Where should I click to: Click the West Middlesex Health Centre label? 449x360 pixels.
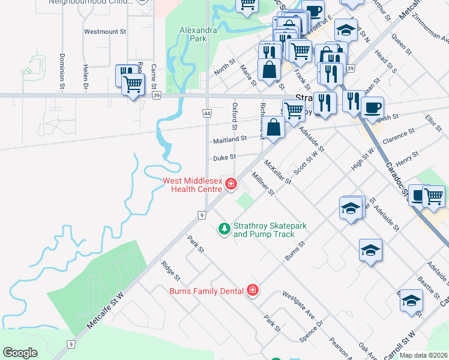pyautogui.click(x=191, y=185)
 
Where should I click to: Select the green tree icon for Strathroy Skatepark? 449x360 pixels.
pyautogui.click(x=224, y=229)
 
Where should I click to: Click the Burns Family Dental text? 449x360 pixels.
pyautogui.click(x=206, y=291)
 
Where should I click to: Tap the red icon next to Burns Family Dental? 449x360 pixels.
pyautogui.click(x=253, y=291)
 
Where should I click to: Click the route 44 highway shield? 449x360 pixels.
pyautogui.click(x=207, y=113)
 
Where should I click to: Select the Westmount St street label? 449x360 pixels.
pyautogui.click(x=105, y=31)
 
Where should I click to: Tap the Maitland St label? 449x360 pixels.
pyautogui.click(x=230, y=139)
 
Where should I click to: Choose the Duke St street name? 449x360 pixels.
pyautogui.click(x=224, y=157)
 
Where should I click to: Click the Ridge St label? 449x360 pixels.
pyautogui.click(x=170, y=270)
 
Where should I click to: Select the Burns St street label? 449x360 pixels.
pyautogui.click(x=295, y=251)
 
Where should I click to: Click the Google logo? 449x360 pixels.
pyautogui.click(x=20, y=353)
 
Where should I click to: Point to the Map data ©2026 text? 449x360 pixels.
pyautogui.click(x=423, y=355)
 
